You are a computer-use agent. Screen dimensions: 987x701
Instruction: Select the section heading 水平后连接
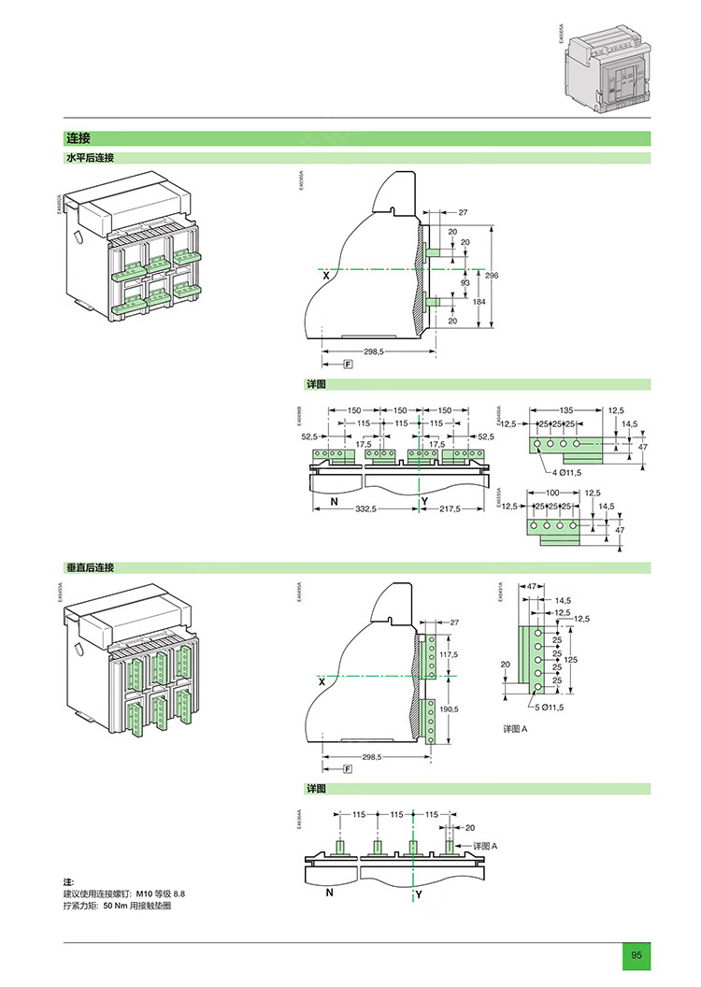89,158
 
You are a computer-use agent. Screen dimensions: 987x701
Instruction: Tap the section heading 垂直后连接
89,567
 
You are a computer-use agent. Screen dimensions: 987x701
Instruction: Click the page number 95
637,955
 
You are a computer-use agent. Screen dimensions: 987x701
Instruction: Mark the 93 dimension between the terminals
465,282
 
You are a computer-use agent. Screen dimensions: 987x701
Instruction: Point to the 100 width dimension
552,492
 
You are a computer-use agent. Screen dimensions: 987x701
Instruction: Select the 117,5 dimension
449,655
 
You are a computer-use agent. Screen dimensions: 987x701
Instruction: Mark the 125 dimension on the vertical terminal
571,660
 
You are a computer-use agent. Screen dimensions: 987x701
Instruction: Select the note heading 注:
68,882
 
